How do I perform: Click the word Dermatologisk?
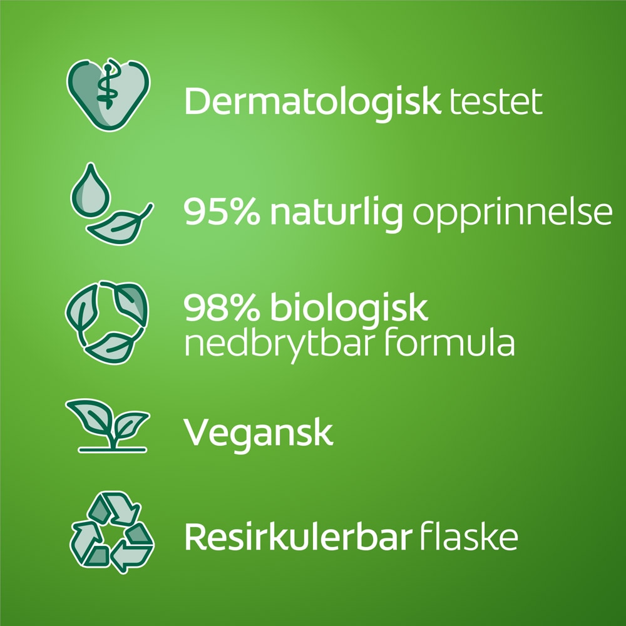coord(312,103)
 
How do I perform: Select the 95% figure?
coord(222,212)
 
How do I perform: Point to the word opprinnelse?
coord(512,214)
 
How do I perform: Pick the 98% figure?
coord(222,307)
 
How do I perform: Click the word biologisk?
coord(349,310)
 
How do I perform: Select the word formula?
coord(449,342)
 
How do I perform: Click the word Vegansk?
coord(258,434)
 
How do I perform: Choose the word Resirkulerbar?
coord(298,536)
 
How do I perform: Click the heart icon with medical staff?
coord(108,95)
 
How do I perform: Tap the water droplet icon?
coord(90,190)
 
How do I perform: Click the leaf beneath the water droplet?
coord(119,225)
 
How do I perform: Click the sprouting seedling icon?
coord(108,426)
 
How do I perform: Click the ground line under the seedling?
coord(113,450)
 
